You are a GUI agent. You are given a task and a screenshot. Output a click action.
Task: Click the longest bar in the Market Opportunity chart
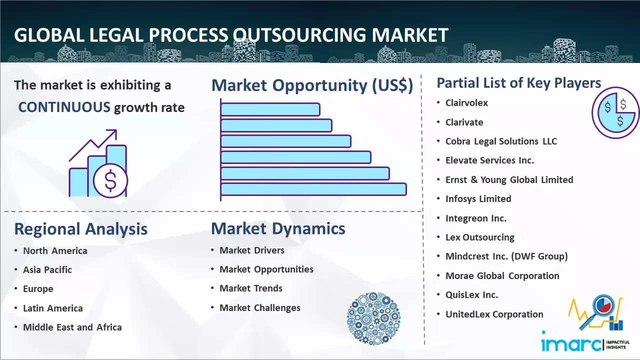[313, 189]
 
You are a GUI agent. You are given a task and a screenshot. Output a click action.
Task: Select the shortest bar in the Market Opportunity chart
[270, 109]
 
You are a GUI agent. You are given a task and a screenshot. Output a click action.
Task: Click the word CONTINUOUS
[64, 107]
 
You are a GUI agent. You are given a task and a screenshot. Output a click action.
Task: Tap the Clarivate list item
[464, 122]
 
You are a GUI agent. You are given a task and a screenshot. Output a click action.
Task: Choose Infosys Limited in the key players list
[478, 199]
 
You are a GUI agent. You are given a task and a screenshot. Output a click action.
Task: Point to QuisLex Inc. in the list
[471, 294]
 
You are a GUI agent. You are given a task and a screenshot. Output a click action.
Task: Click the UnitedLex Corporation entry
[494, 314]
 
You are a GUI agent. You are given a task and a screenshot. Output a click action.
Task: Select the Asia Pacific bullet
[47, 269]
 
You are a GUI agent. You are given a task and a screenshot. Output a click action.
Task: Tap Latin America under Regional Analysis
[53, 308]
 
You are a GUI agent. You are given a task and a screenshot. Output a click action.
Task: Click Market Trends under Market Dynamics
[251, 288]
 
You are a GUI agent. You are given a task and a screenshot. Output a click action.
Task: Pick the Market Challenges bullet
[260, 307]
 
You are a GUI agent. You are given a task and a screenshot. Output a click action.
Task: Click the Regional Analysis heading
[81, 229]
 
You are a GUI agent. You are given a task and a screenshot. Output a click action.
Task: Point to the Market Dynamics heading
[278, 228]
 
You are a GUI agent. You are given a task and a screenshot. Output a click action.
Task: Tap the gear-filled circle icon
[373, 318]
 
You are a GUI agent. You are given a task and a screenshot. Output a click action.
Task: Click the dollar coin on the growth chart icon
[110, 180]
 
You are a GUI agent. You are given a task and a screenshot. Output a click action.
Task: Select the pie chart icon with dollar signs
[615, 112]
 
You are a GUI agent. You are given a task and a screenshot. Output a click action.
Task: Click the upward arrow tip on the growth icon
[116, 130]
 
